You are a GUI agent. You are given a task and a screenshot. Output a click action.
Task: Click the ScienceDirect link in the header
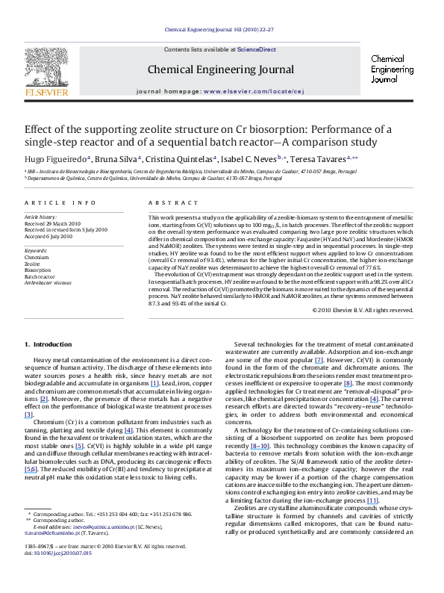[x=257, y=49]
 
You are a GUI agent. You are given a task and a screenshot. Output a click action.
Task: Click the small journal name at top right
[x=388, y=68]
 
